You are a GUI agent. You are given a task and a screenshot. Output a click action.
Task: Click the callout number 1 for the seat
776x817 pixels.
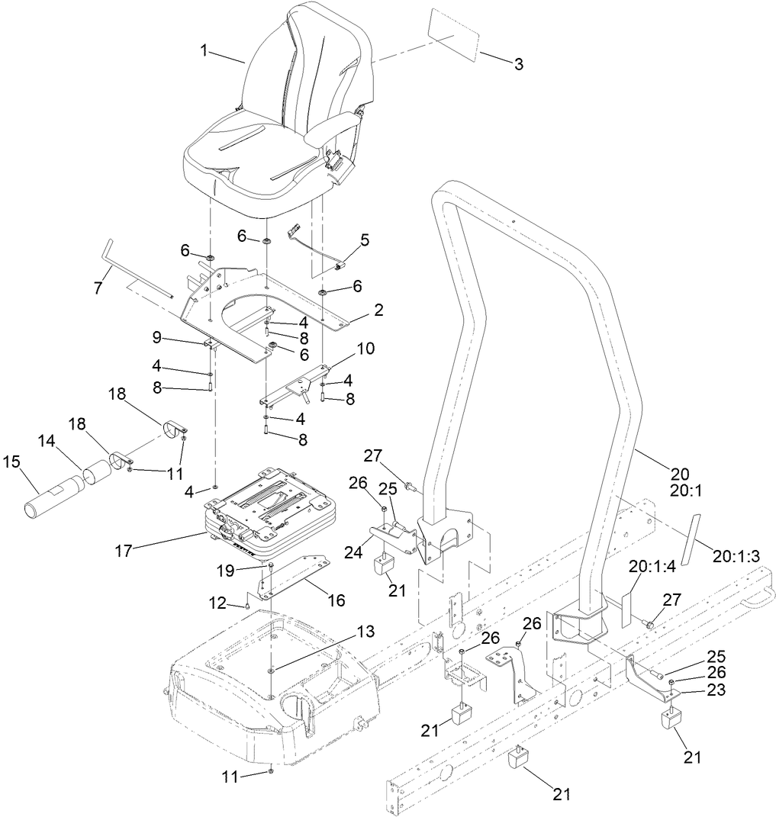pyautogui.click(x=204, y=50)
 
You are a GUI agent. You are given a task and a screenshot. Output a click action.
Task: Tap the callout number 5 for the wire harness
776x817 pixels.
pyautogui.click(x=365, y=240)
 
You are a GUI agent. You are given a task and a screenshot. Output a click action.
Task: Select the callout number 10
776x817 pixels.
pyautogui.click(x=366, y=349)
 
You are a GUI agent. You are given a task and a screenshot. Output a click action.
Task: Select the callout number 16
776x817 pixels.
pyautogui.click(x=336, y=600)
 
